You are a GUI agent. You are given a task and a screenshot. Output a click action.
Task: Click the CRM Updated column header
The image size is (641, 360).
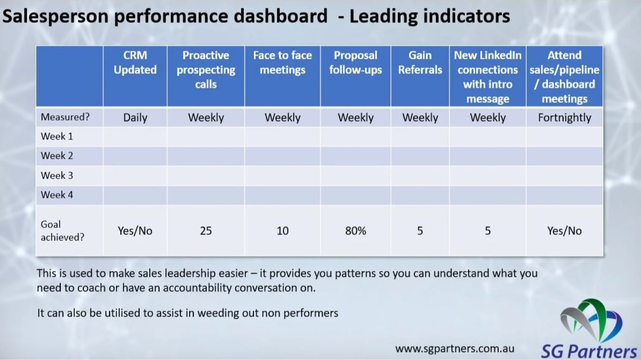[x=135, y=62]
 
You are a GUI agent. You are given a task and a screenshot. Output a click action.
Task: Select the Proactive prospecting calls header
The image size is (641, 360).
[x=206, y=69]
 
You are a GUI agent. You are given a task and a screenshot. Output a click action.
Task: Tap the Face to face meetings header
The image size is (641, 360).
[x=282, y=62]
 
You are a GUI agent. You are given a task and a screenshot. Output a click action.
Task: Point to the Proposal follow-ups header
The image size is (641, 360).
[x=355, y=62]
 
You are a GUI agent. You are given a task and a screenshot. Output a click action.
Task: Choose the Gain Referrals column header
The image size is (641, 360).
[x=420, y=62]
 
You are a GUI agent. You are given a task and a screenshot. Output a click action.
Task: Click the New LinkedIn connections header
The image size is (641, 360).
[x=487, y=77]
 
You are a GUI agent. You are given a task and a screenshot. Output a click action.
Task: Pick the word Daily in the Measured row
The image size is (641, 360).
[x=135, y=118]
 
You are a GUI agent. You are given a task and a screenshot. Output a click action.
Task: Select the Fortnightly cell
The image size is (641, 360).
[x=564, y=118]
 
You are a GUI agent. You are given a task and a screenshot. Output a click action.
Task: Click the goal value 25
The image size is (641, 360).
[x=206, y=231]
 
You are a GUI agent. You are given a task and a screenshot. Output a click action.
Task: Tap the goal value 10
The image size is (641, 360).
[x=282, y=231]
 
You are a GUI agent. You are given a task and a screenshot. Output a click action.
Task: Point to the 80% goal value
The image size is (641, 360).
[x=355, y=231]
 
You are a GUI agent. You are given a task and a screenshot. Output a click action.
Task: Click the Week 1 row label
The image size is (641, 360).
[x=57, y=136]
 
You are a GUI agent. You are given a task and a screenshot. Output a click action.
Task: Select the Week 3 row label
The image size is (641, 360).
[x=57, y=175]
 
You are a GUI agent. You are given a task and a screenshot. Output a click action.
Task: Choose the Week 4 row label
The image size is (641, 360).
[x=57, y=195]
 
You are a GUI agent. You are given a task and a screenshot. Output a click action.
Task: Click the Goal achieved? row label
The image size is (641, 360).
[x=62, y=231]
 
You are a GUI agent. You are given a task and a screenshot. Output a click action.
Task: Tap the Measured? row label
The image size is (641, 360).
[x=65, y=117]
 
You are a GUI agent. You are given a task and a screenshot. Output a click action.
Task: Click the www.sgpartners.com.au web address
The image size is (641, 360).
[x=455, y=349]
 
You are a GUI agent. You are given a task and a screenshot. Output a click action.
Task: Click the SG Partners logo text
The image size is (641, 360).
[x=589, y=351]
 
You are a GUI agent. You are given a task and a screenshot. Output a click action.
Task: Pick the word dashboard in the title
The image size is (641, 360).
[x=280, y=16]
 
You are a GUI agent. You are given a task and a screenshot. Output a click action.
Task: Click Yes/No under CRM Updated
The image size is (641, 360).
[x=135, y=231]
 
